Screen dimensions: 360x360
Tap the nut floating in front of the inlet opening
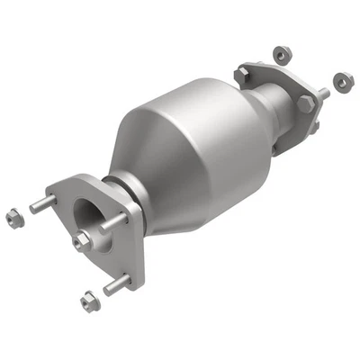[x=83, y=238]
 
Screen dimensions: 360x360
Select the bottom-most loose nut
[x=87, y=297]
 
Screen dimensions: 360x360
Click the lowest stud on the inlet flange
[x=115, y=287]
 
